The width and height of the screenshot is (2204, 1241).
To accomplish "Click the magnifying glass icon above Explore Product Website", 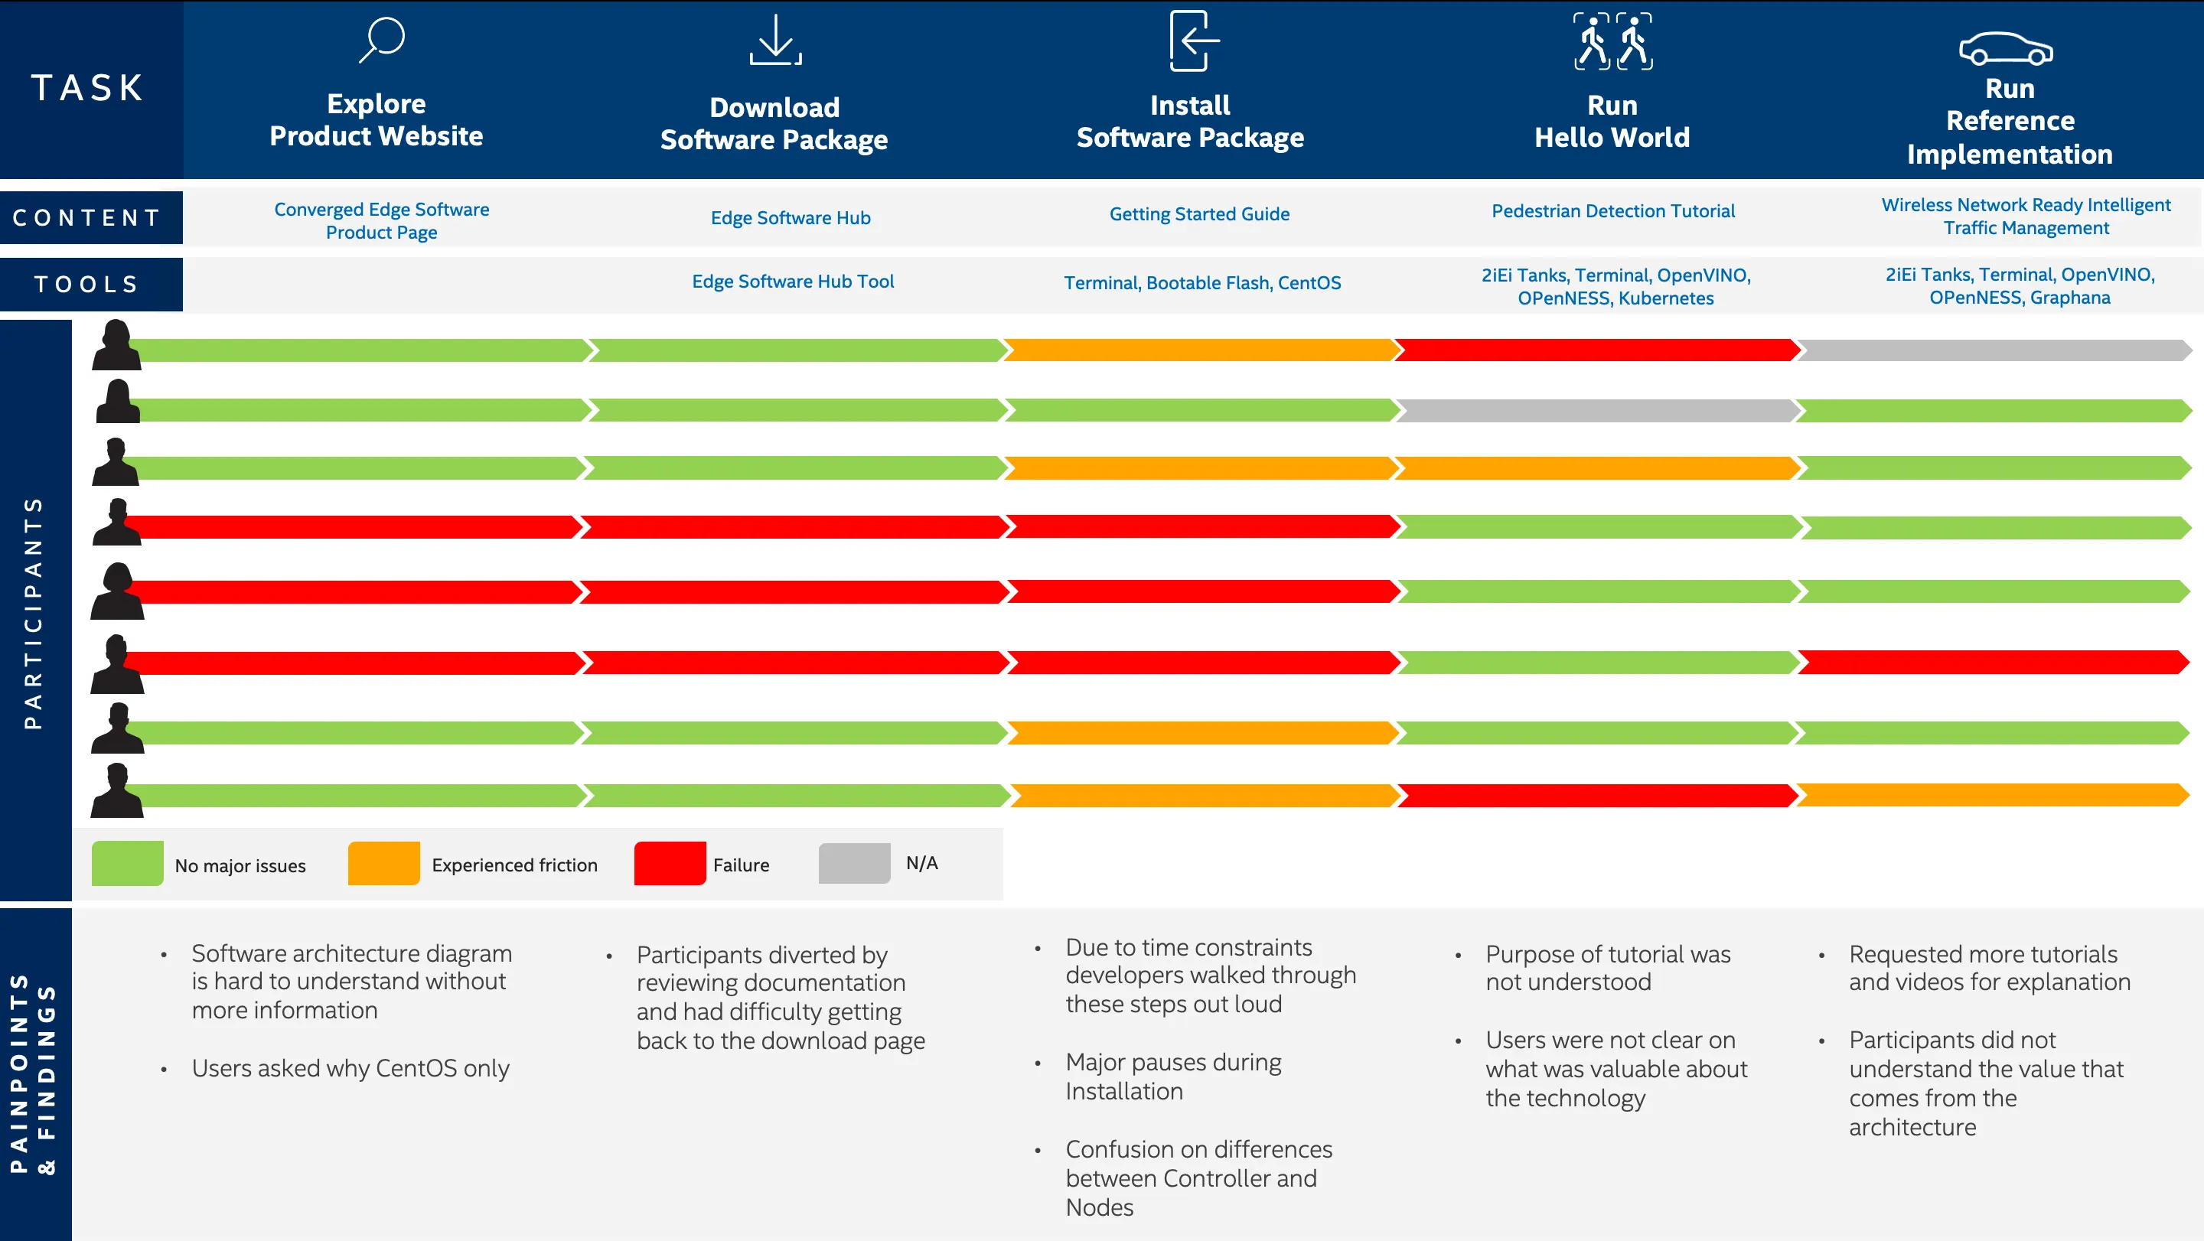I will pyautogui.click(x=382, y=39).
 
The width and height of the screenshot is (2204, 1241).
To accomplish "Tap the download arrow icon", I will pyautogui.click(x=775, y=41).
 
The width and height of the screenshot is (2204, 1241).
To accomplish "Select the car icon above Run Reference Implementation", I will pyautogui.click(x=2006, y=49).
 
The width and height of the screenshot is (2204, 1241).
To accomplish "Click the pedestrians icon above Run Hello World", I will pyautogui.click(x=1612, y=41).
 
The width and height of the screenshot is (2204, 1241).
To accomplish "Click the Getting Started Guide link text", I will pyautogui.click(x=1198, y=213).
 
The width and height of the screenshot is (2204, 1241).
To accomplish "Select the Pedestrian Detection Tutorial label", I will pyautogui.click(x=1612, y=211).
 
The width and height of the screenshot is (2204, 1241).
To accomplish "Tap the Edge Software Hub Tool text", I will pyautogui.click(x=792, y=282).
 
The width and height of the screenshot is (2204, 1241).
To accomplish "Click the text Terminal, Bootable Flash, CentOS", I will pyautogui.click(x=1201, y=283).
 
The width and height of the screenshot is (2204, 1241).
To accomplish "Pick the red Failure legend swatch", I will pyautogui.click(x=669, y=863).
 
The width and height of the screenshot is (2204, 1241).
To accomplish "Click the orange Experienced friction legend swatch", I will pyautogui.click(x=383, y=863).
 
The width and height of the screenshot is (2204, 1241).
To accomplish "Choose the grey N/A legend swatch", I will pyautogui.click(x=854, y=863).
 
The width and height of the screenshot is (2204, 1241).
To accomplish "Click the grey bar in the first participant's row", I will pyautogui.click(x=1994, y=350).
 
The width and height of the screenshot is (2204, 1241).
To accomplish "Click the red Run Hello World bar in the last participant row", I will pyautogui.click(x=1597, y=796).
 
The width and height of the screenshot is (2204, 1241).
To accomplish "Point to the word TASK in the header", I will pyautogui.click(x=88, y=88).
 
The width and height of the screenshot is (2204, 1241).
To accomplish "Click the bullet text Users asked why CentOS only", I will pyautogui.click(x=350, y=1068).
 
